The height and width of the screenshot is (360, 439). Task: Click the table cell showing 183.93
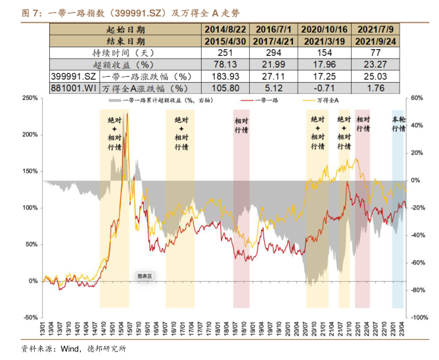point(225,77)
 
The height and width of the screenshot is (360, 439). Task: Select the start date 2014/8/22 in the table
point(225,30)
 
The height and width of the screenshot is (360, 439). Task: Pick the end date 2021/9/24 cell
point(376,41)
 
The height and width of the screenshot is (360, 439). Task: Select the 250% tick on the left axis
point(30,98)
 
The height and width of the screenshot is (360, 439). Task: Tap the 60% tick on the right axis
point(415,98)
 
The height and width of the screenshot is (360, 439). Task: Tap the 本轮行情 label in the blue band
point(398,125)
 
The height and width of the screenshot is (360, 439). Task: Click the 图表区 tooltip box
point(144,277)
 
